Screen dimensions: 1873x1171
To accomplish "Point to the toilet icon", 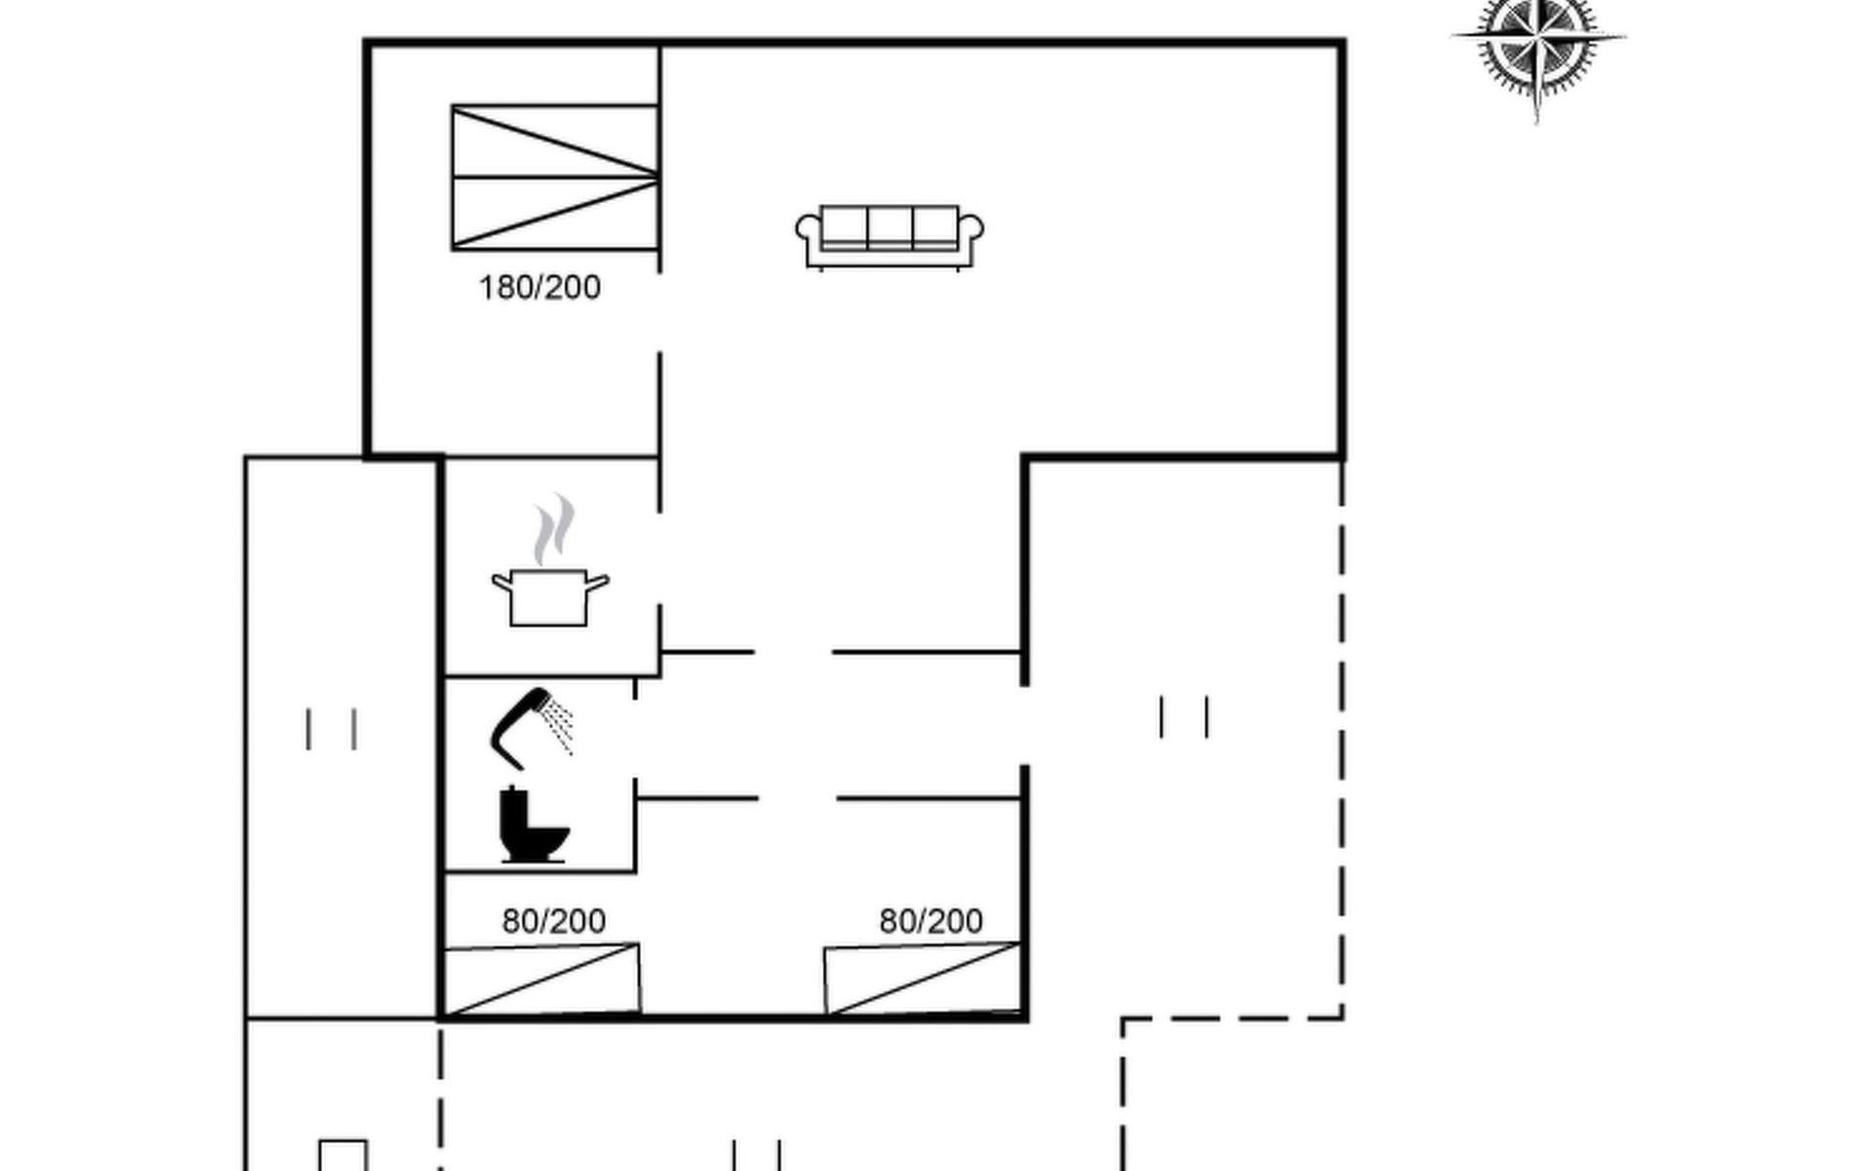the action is (533, 825).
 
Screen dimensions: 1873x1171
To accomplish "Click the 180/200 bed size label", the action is (539, 288).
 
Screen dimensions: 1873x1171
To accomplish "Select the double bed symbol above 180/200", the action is (555, 178).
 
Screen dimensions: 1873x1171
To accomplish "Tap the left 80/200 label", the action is (554, 921).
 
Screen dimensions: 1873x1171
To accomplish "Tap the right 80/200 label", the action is (931, 921).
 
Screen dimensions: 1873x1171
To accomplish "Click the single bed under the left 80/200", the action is (542, 980).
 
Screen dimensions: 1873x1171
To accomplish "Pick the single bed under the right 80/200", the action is (923, 980).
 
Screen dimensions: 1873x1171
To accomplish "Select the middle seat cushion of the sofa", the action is (890, 227).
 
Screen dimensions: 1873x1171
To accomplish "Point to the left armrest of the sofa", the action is (810, 239).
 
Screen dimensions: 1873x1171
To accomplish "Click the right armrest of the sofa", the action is (971, 239).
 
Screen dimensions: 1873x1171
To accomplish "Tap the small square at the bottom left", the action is (343, 1155).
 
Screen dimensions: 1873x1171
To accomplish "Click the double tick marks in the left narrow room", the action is (332, 729).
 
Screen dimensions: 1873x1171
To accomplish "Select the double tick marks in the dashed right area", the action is (1185, 717).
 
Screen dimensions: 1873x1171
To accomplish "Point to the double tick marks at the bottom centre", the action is (757, 1154).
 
